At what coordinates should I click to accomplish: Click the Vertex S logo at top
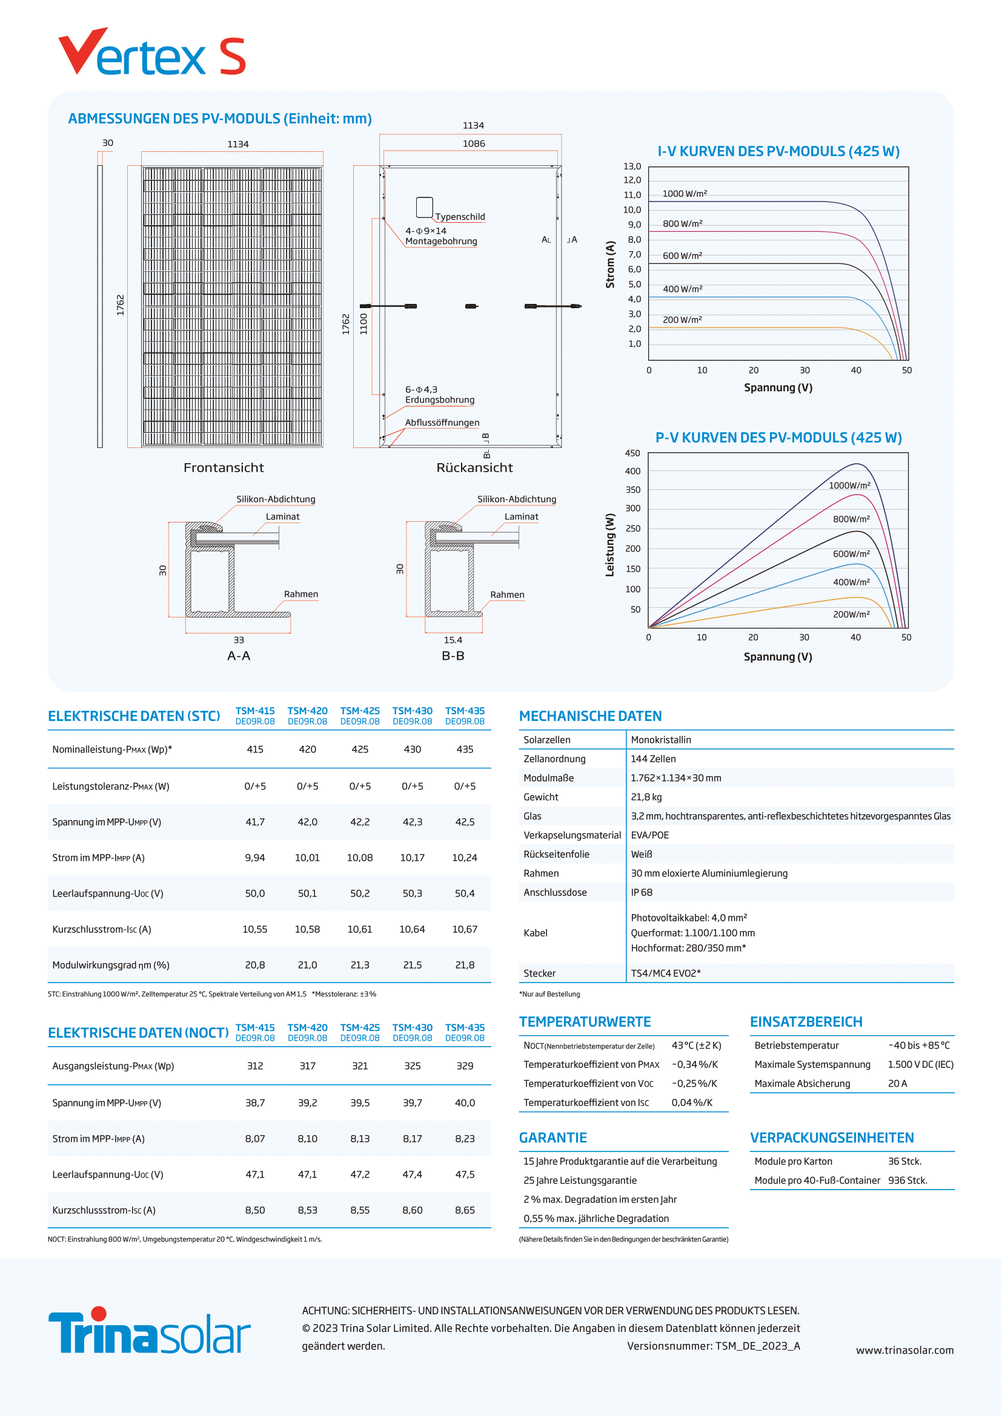(x=152, y=54)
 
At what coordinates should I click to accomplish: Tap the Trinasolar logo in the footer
(x=149, y=1332)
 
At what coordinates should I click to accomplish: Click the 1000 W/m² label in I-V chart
(x=684, y=194)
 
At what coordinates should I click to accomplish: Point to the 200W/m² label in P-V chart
(x=851, y=614)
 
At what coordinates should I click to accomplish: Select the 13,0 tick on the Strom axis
(x=632, y=166)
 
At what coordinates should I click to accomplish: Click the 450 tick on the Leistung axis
(x=632, y=453)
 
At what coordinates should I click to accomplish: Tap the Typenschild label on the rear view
(x=460, y=217)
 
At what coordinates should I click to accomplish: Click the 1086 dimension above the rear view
(x=474, y=143)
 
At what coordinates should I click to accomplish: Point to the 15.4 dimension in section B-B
(x=453, y=640)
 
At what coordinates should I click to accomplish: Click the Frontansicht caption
(x=224, y=468)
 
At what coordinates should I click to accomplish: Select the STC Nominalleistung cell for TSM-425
(x=360, y=749)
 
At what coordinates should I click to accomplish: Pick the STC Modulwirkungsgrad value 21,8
(x=465, y=965)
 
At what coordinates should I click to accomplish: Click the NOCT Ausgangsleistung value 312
(x=255, y=1065)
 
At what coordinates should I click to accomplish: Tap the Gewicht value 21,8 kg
(x=646, y=797)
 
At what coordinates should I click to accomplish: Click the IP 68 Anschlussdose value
(x=641, y=892)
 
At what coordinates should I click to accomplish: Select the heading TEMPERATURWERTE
(x=584, y=1022)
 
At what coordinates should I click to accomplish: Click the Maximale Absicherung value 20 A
(x=897, y=1084)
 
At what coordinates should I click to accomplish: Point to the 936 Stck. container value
(x=907, y=1181)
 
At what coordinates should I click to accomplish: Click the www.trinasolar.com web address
(x=904, y=1350)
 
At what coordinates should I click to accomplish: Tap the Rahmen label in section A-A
(x=300, y=594)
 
